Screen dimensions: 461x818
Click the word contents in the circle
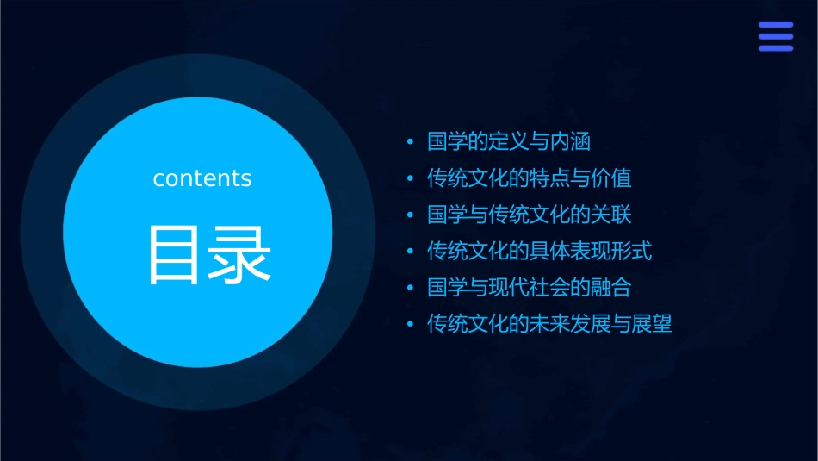click(x=202, y=178)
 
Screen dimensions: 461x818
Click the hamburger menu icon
click(x=775, y=37)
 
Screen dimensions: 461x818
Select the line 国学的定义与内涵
click(x=509, y=141)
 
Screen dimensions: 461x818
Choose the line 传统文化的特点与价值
click(x=530, y=178)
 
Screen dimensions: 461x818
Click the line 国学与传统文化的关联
click(x=530, y=215)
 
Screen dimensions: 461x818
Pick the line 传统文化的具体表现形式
click(x=540, y=252)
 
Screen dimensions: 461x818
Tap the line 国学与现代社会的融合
click(x=530, y=288)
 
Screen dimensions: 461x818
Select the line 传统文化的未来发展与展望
click(x=549, y=325)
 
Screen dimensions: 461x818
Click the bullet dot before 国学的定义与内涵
click(x=410, y=142)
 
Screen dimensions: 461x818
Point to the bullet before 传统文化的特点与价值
click(x=410, y=179)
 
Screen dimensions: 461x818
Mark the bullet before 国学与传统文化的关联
click(x=410, y=215)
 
